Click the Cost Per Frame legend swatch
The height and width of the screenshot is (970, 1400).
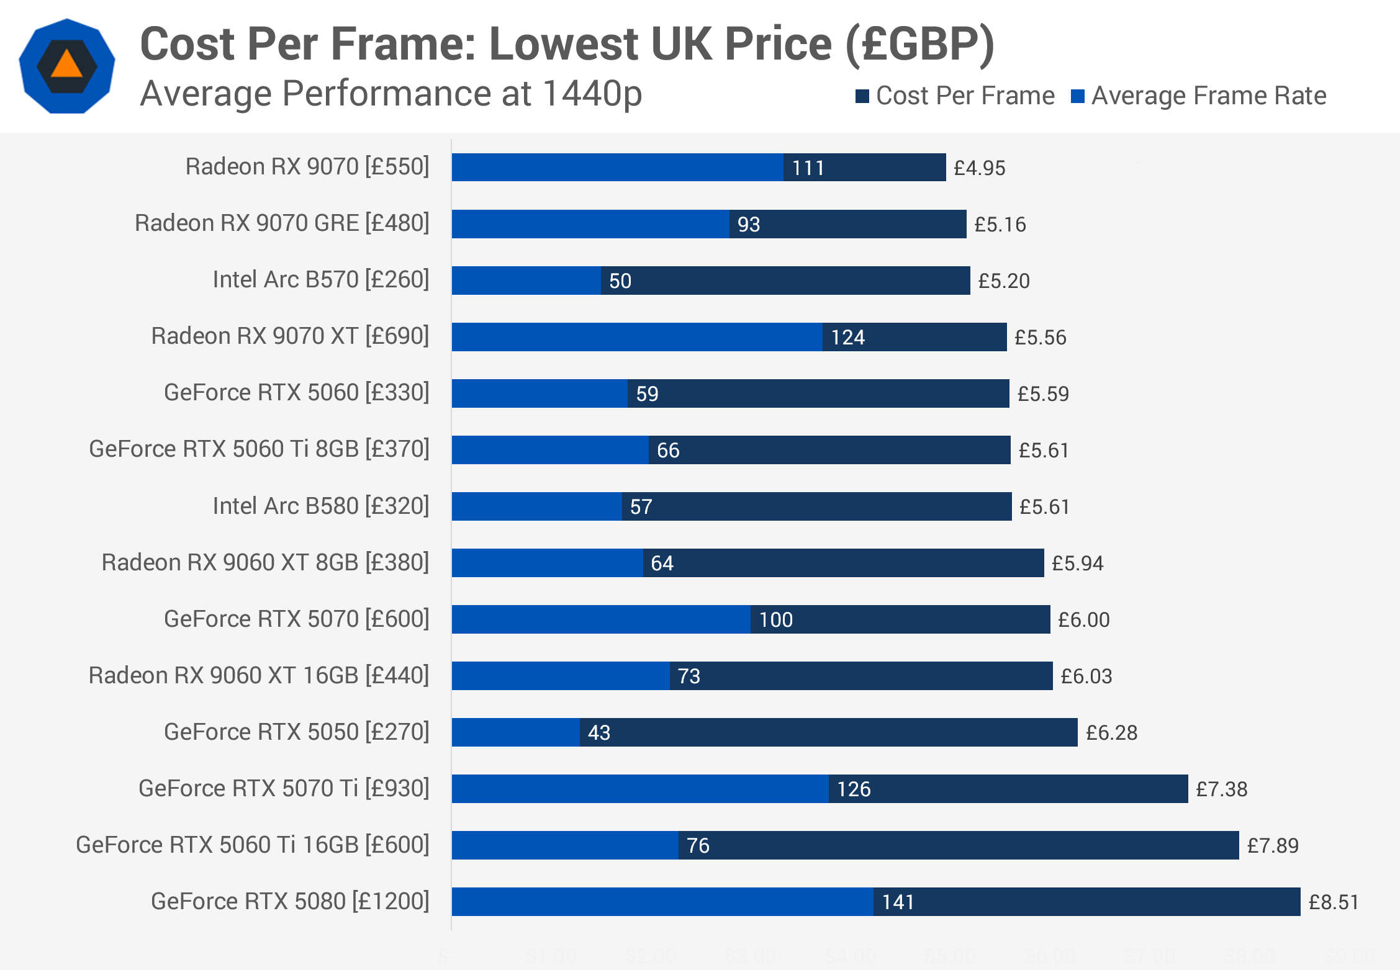click(862, 96)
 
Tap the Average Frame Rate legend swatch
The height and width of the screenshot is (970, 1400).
click(1077, 96)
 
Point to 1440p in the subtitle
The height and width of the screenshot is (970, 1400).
click(592, 94)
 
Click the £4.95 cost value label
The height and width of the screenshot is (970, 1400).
click(979, 168)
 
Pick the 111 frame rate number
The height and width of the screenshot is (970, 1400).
click(808, 168)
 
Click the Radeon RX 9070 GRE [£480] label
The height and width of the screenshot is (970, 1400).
click(282, 223)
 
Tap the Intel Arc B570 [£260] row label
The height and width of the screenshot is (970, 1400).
click(321, 280)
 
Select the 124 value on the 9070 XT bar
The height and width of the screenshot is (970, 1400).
click(847, 338)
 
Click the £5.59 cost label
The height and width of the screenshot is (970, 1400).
click(1043, 394)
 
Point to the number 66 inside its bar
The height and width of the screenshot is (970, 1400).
click(668, 451)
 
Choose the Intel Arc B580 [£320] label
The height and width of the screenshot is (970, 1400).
click(321, 506)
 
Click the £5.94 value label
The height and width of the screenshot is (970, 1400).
click(1077, 564)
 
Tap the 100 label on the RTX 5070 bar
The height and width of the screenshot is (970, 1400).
click(775, 620)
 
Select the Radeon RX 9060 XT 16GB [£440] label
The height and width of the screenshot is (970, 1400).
click(259, 676)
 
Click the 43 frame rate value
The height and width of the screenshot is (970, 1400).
click(599, 733)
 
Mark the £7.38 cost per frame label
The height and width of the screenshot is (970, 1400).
click(1221, 789)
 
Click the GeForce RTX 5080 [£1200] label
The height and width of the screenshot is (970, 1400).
click(290, 902)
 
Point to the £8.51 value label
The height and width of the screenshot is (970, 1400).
click(1334, 902)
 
